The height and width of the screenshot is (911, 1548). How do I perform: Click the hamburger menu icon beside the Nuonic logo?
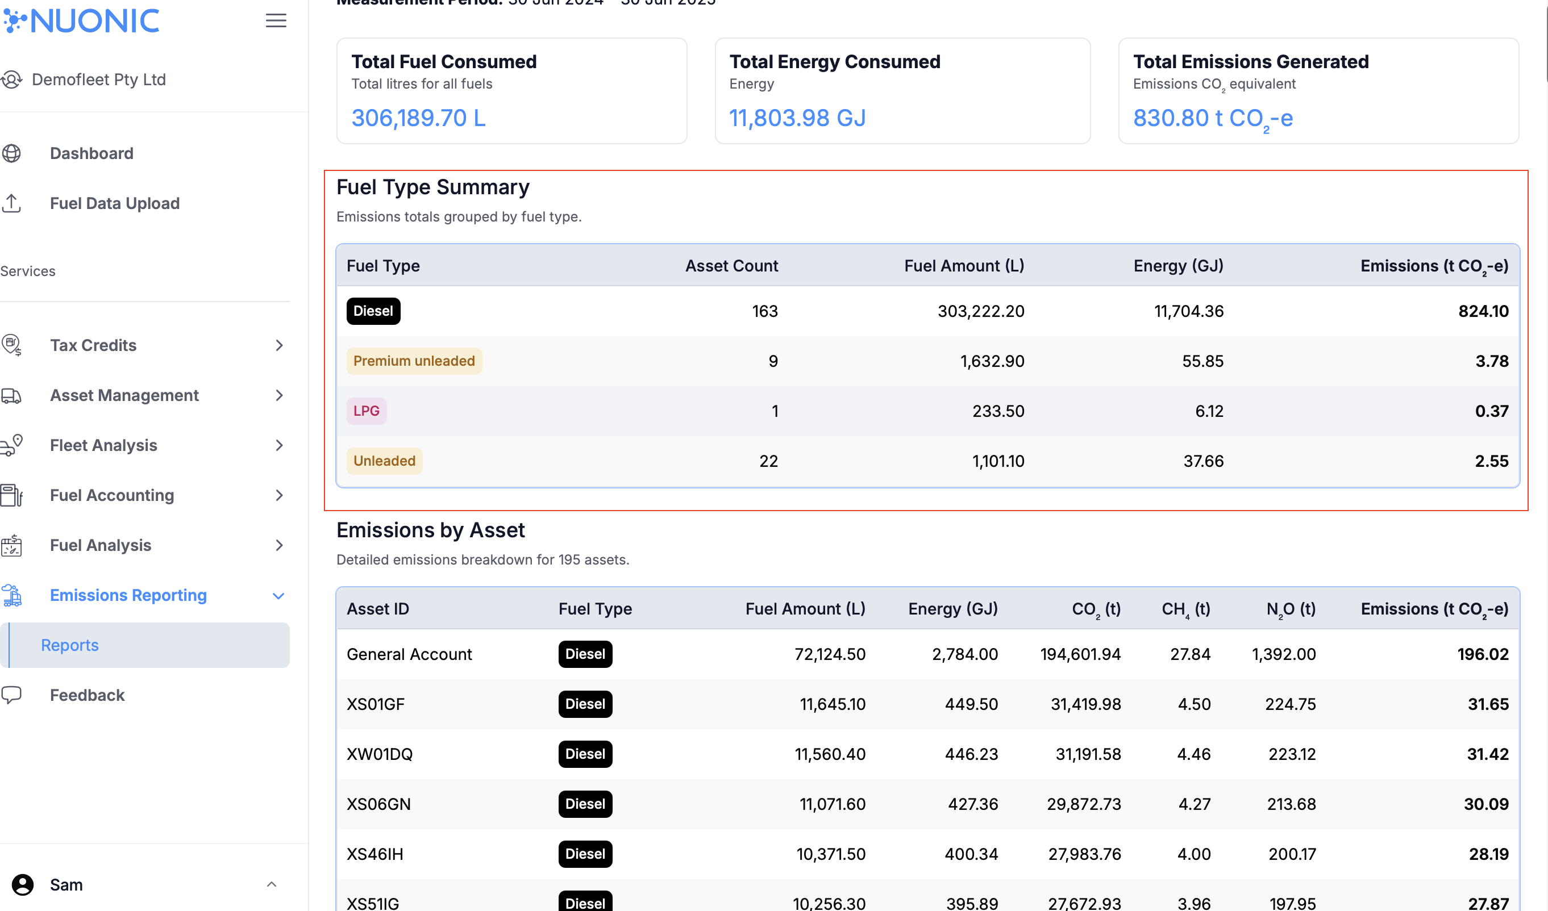click(x=276, y=21)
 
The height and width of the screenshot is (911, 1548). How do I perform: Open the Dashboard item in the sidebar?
click(x=91, y=153)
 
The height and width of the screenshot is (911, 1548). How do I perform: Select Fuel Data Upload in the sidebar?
click(x=114, y=203)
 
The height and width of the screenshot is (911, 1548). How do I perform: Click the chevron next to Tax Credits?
click(x=280, y=346)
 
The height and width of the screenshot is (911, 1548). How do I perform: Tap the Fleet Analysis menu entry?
click(x=103, y=445)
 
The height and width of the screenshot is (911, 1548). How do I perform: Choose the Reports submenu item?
click(x=70, y=645)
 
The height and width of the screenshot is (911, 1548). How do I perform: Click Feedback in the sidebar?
click(x=87, y=695)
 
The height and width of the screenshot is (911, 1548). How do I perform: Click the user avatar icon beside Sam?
click(x=23, y=885)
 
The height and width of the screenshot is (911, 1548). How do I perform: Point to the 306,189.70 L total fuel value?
click(x=418, y=118)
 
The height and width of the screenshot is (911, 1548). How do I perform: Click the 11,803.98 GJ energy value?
click(x=797, y=118)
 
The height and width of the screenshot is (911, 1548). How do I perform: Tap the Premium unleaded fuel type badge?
click(x=414, y=361)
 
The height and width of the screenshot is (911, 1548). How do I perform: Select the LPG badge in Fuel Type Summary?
click(x=366, y=411)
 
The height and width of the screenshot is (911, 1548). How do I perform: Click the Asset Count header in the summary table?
click(x=731, y=266)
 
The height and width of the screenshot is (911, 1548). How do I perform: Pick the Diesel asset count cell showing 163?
click(x=765, y=311)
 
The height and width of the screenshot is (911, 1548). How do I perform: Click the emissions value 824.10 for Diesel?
click(x=1483, y=311)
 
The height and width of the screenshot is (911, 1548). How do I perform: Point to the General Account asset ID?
click(x=409, y=654)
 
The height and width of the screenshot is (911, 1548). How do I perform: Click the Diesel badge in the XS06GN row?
click(x=585, y=804)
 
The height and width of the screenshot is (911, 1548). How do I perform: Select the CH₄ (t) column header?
click(x=1185, y=609)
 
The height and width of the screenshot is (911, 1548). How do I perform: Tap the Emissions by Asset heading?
click(x=431, y=530)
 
